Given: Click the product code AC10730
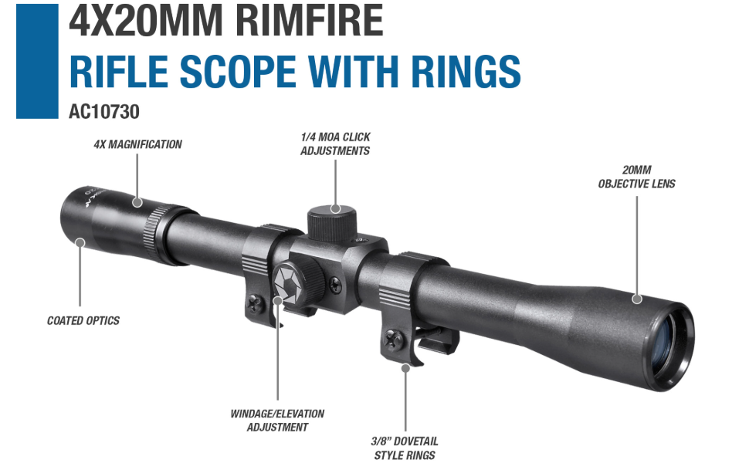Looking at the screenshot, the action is tap(104, 112).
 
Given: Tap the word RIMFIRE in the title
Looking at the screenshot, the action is tap(309, 20).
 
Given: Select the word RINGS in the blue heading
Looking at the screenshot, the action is tap(466, 71).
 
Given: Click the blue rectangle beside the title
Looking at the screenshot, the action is tap(37, 61).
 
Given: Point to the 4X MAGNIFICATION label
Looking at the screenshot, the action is tap(138, 144).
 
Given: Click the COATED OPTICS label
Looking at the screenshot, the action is tap(83, 321).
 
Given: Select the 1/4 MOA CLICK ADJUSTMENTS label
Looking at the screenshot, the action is tap(335, 144).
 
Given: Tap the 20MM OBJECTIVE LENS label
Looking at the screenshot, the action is tap(637, 177).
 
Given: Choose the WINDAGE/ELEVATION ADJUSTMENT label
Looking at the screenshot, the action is tap(277, 420).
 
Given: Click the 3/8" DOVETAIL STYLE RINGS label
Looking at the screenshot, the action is tap(405, 448).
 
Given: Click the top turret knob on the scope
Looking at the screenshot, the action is tap(332, 224).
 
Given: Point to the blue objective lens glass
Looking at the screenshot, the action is tap(667, 339).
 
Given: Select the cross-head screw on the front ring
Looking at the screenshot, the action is tap(394, 340).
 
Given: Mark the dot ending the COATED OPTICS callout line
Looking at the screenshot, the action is tap(80, 243).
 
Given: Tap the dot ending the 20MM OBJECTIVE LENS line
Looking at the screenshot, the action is tap(637, 299).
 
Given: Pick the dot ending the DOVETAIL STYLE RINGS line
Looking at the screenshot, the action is tap(405, 368).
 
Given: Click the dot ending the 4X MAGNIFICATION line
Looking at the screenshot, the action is tap(137, 202).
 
